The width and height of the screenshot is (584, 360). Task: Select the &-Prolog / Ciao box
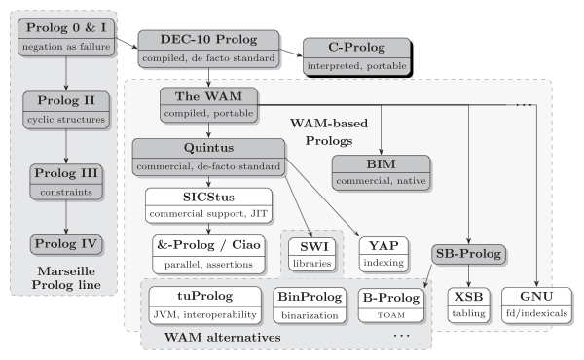(x=207, y=252)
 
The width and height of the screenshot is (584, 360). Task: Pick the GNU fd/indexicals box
(x=534, y=304)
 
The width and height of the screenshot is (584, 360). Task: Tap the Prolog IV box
(x=64, y=241)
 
